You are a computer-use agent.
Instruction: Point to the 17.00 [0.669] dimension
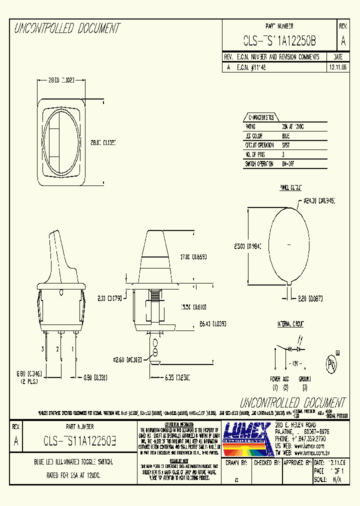point(193,256)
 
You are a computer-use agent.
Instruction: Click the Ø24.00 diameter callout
point(318,201)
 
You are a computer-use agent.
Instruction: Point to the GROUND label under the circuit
point(304,379)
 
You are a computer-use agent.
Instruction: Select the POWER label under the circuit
point(275,379)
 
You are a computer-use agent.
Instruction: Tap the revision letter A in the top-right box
point(343,42)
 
